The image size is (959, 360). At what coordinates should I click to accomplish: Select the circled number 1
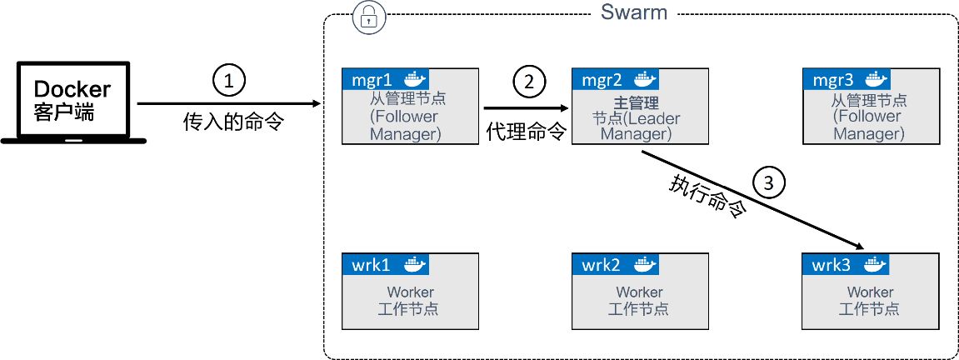pyautogui.click(x=229, y=81)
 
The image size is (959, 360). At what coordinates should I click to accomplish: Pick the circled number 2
pyautogui.click(x=528, y=81)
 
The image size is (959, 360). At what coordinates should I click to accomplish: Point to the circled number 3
pyautogui.click(x=768, y=181)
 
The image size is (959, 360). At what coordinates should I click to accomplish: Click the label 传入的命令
pyautogui.click(x=233, y=123)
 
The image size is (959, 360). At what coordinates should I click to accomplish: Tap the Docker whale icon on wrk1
pyautogui.click(x=415, y=265)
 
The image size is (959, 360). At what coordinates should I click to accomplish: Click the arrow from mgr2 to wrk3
pyautogui.click(x=750, y=199)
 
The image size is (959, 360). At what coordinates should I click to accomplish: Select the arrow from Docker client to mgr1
pyautogui.click(x=229, y=104)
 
